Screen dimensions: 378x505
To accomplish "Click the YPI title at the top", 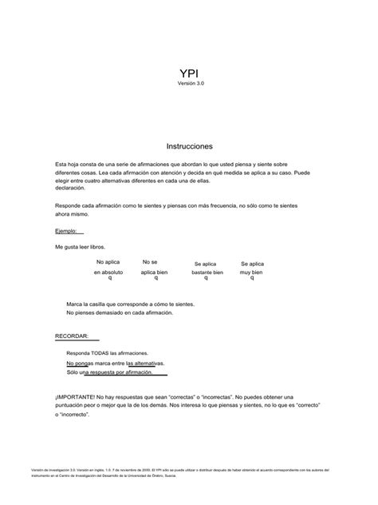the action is (189, 73).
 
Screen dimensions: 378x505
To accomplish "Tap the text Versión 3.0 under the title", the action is (189, 83).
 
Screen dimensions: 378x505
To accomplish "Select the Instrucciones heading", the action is (189, 147).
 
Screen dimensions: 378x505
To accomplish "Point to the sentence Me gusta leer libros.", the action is (80, 247).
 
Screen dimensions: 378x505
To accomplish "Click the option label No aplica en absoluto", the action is (108, 267).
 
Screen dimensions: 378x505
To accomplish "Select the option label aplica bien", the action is (154, 272).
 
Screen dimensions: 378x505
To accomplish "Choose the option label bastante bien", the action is (207, 272).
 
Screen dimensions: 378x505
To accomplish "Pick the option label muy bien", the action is (252, 272).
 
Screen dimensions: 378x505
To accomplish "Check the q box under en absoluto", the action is (109, 278).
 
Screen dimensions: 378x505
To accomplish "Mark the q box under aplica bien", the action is (155, 278).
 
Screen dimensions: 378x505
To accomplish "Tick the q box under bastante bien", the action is (207, 278).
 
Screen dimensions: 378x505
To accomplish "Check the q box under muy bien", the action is (252, 278).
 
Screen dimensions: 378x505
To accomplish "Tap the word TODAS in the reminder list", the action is (101, 352).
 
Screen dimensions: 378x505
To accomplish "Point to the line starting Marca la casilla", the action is (130, 304).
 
